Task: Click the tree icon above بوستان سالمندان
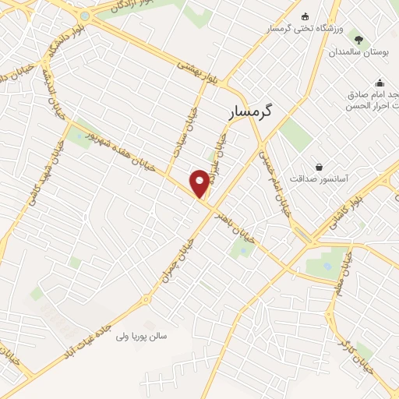coord(358,38)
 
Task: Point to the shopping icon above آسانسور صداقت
coord(320,166)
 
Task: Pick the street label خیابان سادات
coord(192,125)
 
